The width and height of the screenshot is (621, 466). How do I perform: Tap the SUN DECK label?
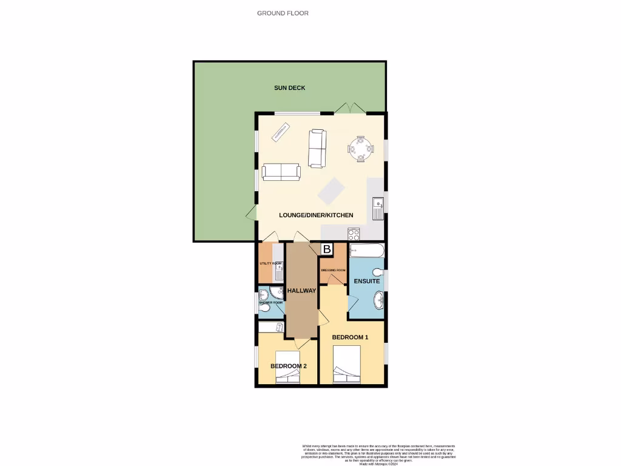coord(289,88)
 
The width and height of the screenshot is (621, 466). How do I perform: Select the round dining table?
coord(360,148)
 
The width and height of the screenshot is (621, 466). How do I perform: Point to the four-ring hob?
coord(354,233)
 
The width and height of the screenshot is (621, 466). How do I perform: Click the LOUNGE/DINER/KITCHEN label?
coord(316,215)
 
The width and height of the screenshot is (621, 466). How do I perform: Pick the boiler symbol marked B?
coord(326,249)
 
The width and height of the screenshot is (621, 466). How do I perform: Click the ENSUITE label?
coord(367,281)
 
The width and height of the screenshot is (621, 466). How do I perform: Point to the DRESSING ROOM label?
coord(333,270)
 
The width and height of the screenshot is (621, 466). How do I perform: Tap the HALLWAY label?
coord(302,291)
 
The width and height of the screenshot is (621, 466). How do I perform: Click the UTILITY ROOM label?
coord(270,263)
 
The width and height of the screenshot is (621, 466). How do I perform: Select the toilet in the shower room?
coord(263,309)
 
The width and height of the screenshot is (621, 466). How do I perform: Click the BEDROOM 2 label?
coord(289,366)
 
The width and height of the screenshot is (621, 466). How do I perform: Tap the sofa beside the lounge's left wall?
coord(281,172)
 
